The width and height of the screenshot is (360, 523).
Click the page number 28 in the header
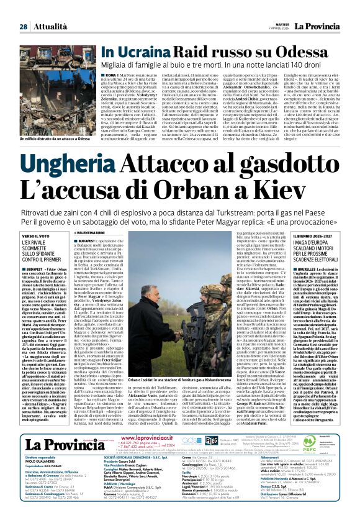point(23,10)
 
